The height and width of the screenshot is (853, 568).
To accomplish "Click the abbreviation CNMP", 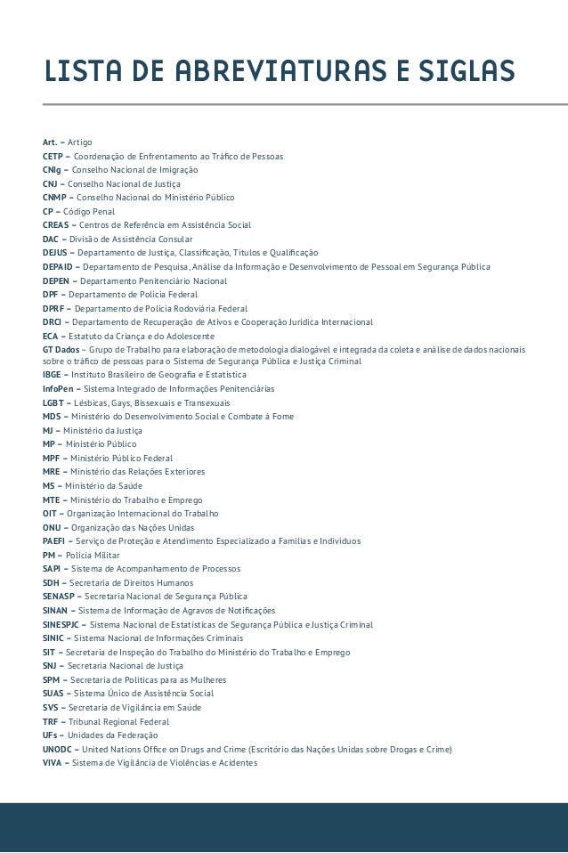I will pyautogui.click(x=55, y=197).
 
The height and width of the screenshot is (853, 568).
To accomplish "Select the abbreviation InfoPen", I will pyautogui.click(x=58, y=389).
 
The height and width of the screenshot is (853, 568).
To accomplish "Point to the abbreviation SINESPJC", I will pyautogui.click(x=62, y=625).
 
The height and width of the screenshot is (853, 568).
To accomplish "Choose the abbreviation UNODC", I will pyautogui.click(x=58, y=750).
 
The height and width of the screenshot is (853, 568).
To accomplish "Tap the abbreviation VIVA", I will pyautogui.click(x=52, y=763).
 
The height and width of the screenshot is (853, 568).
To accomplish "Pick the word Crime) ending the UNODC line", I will pyautogui.click(x=437, y=750).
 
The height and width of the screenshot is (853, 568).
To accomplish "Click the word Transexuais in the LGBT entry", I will pyautogui.click(x=205, y=403).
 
